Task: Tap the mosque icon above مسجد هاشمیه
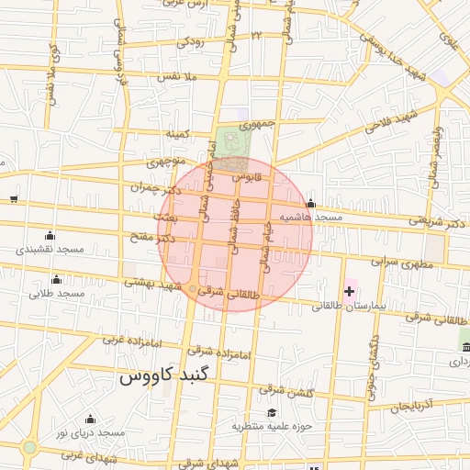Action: tap(311, 204)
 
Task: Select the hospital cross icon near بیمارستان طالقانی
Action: tap(349, 291)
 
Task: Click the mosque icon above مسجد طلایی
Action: tap(57, 280)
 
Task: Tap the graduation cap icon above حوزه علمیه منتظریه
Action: tap(271, 413)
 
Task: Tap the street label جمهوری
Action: tap(258, 124)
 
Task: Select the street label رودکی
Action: tap(189, 42)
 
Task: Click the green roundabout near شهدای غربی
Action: tap(29, 448)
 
